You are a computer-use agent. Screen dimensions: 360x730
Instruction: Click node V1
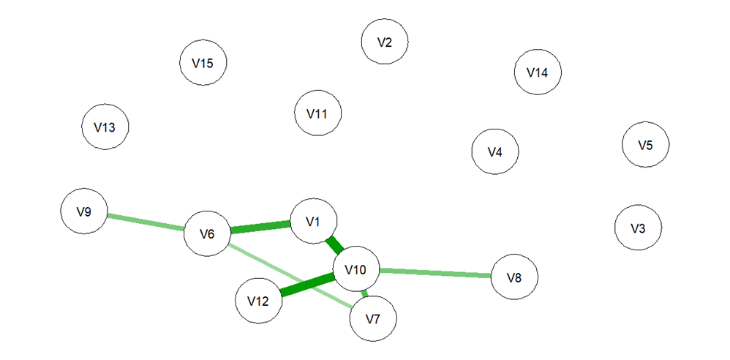pyautogui.click(x=314, y=221)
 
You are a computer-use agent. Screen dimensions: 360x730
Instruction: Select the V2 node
pyautogui.click(x=385, y=42)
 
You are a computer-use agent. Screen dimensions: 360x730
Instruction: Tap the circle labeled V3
pyautogui.click(x=638, y=228)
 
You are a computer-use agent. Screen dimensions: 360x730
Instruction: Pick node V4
pyautogui.click(x=495, y=152)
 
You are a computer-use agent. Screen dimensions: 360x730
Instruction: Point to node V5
pyautogui.click(x=645, y=145)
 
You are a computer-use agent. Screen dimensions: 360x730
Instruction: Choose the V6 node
pyautogui.click(x=207, y=234)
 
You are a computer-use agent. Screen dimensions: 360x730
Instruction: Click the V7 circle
pyautogui.click(x=373, y=319)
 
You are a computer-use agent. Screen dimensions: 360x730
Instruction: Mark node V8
pyautogui.click(x=514, y=277)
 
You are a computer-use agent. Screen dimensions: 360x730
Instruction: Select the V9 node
pyautogui.click(x=84, y=212)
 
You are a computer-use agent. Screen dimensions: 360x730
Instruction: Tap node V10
pyautogui.click(x=355, y=271)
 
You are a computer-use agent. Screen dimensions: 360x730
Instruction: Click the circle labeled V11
pyautogui.click(x=317, y=114)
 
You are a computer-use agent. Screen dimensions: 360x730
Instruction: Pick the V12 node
pyautogui.click(x=259, y=301)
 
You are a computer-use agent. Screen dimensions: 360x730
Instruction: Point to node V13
pyautogui.click(x=105, y=127)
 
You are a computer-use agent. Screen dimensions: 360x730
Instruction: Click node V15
pyautogui.click(x=203, y=63)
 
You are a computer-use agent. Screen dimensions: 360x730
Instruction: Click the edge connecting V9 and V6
pyautogui.click(x=146, y=223)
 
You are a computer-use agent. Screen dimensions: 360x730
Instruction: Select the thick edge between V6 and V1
pyautogui.click(x=260, y=228)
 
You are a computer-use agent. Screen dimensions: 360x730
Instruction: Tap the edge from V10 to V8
pyautogui.click(x=434, y=274)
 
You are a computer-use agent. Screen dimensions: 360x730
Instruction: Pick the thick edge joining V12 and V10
pyautogui.click(x=307, y=285)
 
